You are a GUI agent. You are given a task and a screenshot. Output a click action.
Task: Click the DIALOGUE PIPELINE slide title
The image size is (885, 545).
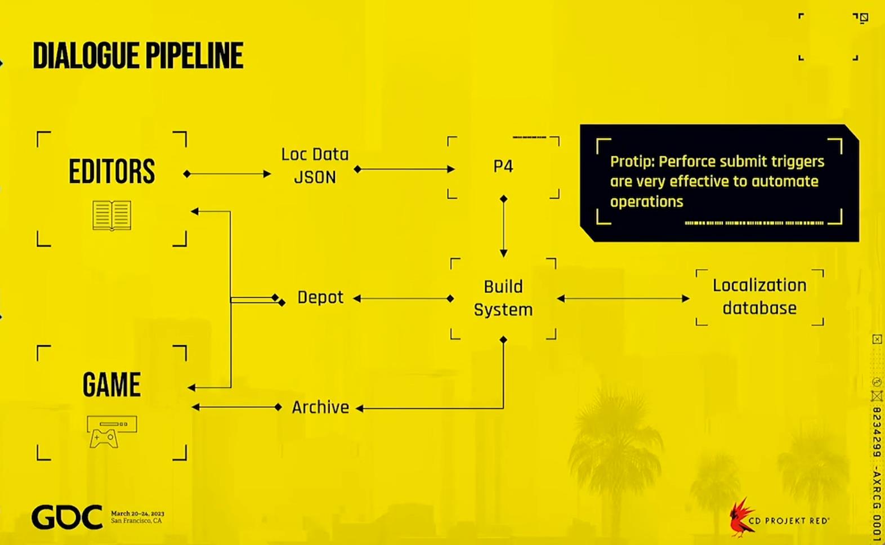[x=138, y=56]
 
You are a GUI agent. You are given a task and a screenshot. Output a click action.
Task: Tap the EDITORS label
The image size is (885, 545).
[x=112, y=171]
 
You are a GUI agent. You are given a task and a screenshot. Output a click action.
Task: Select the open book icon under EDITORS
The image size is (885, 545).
[x=112, y=215]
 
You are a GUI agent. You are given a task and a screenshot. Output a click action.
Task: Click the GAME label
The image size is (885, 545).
[x=112, y=385]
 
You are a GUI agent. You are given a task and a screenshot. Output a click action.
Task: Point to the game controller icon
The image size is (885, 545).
[x=112, y=432]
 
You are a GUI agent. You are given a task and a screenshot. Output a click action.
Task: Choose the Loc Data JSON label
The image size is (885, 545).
[x=315, y=166]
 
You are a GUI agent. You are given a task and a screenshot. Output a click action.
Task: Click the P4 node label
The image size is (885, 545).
[x=503, y=167]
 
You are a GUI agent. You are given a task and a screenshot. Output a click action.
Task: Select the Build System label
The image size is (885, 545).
[x=503, y=298]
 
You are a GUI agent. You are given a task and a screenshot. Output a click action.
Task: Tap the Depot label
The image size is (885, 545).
[x=320, y=297]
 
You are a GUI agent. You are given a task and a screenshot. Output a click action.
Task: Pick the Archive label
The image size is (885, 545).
[x=320, y=407]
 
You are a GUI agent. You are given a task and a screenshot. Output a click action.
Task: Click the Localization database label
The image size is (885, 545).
[x=759, y=296]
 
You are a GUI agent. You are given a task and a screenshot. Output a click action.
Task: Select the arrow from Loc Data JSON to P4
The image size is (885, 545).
[x=404, y=169]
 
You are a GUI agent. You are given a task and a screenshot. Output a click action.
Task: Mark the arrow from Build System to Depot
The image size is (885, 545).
[x=404, y=299]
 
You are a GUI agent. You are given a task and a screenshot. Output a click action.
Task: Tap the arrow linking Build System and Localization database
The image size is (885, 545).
[x=623, y=299]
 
